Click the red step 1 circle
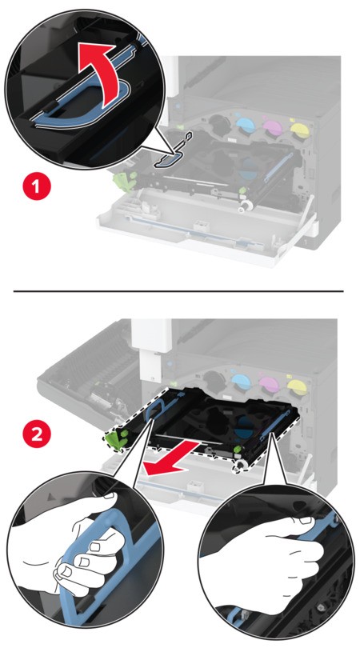tap(37, 186)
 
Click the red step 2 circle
tap(37, 434)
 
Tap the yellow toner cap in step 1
tap(299, 127)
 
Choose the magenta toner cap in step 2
tap(269, 384)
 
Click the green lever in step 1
tap(124, 180)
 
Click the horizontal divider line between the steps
tap(178, 291)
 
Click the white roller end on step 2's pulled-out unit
tap(240, 465)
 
